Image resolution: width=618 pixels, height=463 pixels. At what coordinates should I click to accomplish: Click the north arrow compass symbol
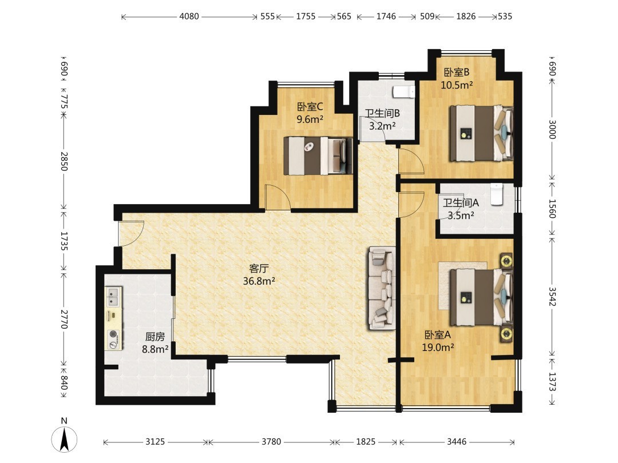(x=64, y=438)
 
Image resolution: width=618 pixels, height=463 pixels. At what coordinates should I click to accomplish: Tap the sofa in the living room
(x=382, y=288)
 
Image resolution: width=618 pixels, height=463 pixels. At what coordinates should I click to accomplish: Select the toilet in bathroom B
(x=403, y=92)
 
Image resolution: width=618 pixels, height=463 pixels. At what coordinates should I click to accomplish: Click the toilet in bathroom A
(x=497, y=194)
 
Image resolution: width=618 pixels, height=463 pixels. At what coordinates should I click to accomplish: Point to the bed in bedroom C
(x=318, y=155)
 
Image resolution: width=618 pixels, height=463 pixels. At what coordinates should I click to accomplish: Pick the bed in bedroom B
(x=482, y=133)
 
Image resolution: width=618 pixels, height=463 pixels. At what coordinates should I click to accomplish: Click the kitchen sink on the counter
(x=114, y=297)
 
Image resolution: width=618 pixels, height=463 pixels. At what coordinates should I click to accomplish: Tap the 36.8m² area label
(x=259, y=281)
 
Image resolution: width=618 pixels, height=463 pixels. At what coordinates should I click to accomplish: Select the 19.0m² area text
(x=438, y=348)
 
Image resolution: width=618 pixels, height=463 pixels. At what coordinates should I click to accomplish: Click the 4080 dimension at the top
(x=189, y=17)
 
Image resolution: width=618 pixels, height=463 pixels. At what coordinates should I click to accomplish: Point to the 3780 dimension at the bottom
(x=272, y=442)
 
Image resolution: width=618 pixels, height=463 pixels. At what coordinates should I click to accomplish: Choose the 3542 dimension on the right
(x=552, y=297)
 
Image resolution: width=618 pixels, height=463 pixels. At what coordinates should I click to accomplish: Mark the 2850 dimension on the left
(x=64, y=161)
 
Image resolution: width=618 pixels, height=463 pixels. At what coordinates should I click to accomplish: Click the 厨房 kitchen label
(x=155, y=337)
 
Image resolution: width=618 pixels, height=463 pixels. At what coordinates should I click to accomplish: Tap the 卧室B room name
(x=457, y=73)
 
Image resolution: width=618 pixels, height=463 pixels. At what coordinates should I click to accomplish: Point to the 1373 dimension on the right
(x=552, y=382)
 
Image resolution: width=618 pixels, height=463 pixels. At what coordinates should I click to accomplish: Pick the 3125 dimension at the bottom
(x=155, y=442)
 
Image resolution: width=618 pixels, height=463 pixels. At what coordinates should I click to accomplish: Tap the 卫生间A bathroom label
(x=461, y=203)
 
